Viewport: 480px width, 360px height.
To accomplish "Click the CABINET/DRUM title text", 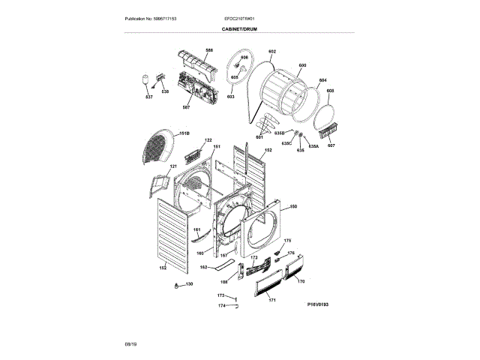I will [240, 28].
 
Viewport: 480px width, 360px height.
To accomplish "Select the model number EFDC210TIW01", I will [241, 17].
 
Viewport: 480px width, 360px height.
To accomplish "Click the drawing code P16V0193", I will [318, 304].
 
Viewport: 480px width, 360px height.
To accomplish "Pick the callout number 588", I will [209, 49].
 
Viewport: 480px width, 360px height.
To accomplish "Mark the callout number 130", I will [189, 284].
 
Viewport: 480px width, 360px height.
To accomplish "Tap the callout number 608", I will [330, 91].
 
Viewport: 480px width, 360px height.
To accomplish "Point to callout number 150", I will [293, 206].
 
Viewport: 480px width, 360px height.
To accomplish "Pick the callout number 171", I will [272, 300].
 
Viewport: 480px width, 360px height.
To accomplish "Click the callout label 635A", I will [313, 146].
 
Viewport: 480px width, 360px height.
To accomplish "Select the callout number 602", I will [272, 51].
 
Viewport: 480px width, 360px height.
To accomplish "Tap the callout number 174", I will [221, 305].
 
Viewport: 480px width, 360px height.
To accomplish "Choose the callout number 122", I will [208, 140].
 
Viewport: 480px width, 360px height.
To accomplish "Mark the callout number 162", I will [203, 268].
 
